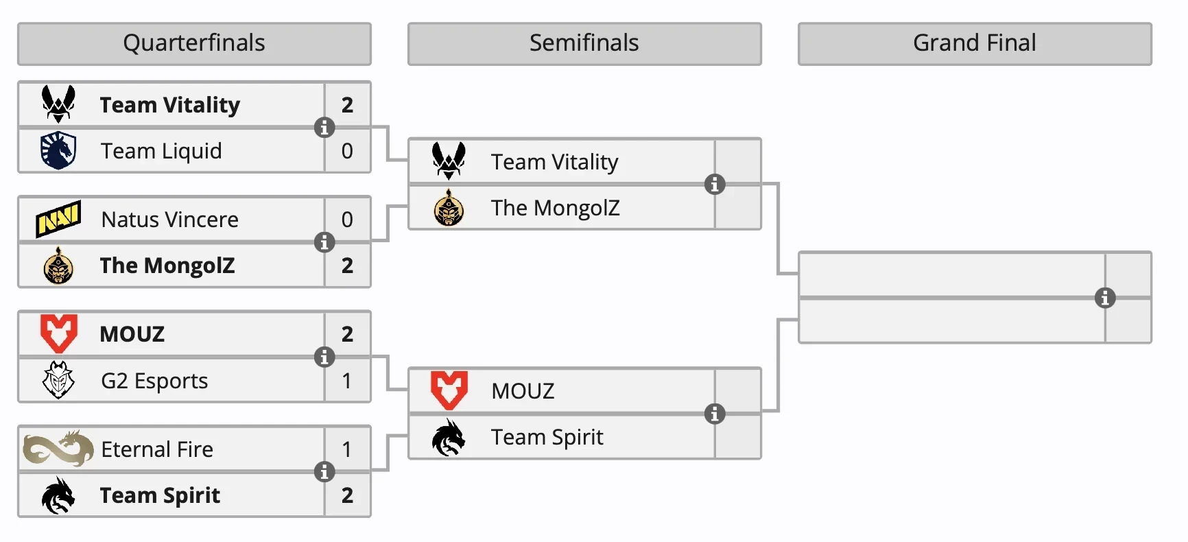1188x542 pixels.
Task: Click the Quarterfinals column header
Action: [194, 43]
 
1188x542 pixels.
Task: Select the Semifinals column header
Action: [584, 43]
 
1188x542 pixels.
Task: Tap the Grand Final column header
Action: [975, 43]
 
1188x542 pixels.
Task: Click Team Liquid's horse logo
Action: [58, 150]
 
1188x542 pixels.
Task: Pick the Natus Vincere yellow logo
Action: [58, 219]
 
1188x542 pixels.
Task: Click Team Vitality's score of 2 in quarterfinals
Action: [347, 105]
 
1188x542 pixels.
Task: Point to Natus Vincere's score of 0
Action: [347, 220]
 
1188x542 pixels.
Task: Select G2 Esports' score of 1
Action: [347, 380]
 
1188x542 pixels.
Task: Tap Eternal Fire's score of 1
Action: [347, 449]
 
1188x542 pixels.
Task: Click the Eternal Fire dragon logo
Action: [58, 449]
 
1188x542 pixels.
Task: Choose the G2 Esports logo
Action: [58, 380]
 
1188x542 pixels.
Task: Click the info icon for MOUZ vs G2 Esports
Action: [324, 357]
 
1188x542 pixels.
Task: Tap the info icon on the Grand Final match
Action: [1104, 298]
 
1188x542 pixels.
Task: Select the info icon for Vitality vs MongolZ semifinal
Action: [715, 185]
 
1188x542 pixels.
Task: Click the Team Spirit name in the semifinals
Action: [547, 437]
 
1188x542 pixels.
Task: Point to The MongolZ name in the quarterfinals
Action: [167, 266]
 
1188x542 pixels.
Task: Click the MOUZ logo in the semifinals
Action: [449, 390]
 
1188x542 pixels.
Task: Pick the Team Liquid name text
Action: [161, 151]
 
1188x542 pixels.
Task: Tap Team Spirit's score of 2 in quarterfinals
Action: [347, 495]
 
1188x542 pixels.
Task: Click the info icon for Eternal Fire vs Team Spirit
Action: [324, 472]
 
